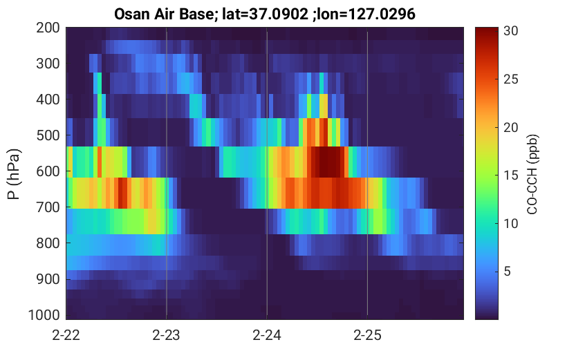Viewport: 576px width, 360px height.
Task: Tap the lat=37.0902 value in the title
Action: (x=266, y=15)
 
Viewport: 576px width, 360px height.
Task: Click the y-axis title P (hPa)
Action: (x=14, y=174)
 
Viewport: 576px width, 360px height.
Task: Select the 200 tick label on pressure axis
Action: (x=48, y=28)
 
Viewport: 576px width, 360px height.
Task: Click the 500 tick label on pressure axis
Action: (x=48, y=135)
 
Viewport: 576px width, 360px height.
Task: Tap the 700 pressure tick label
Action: (x=48, y=207)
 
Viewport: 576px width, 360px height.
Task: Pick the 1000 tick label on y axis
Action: (x=44, y=315)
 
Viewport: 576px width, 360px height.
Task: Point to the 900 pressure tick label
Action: (x=48, y=279)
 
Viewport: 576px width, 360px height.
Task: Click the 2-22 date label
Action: (x=66, y=335)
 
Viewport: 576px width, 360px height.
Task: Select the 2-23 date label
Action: (x=167, y=335)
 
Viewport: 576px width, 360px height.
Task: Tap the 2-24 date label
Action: (x=267, y=335)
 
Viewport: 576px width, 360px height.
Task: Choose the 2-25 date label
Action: (x=367, y=335)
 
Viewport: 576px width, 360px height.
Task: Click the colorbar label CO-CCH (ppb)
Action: (x=532, y=174)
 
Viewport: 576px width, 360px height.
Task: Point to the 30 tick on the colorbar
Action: (x=510, y=31)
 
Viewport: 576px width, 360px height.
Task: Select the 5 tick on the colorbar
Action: (x=508, y=272)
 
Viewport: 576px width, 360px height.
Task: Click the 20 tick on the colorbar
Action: (x=510, y=127)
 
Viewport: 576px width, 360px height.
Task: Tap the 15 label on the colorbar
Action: (x=510, y=176)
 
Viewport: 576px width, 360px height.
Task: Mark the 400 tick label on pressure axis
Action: (x=48, y=100)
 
